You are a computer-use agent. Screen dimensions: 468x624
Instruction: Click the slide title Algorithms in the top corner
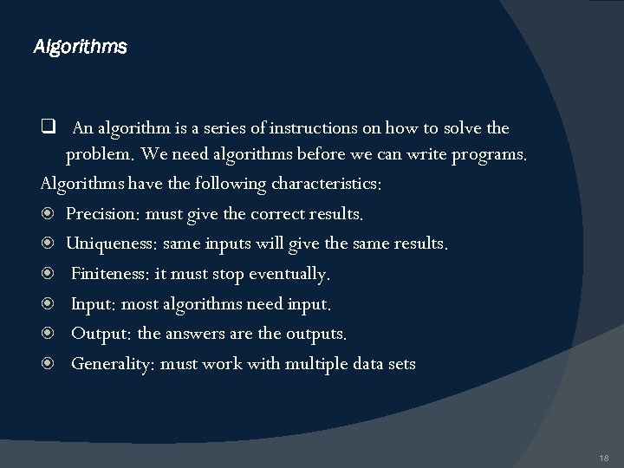coord(80,46)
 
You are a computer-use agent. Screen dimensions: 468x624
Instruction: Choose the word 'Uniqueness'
coord(111,244)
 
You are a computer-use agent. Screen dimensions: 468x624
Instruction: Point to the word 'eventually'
coord(289,275)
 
